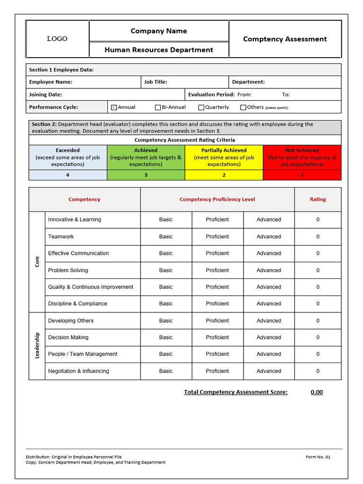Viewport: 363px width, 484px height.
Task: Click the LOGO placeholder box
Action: (57, 39)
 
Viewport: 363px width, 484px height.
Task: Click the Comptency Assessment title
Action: (285, 39)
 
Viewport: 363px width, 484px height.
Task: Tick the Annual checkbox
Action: (113, 107)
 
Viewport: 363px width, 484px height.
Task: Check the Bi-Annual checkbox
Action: (158, 107)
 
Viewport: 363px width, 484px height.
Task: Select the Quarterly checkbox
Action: (201, 107)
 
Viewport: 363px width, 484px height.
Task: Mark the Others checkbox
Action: (243, 107)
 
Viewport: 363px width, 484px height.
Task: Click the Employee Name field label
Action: (51, 82)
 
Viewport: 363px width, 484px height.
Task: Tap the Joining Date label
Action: (45, 95)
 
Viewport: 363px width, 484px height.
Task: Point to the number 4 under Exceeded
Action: (68, 175)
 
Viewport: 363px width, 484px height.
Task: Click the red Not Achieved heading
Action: (302, 150)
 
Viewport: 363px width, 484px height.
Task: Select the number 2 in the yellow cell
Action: (224, 175)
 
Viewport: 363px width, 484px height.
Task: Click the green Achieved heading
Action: (146, 150)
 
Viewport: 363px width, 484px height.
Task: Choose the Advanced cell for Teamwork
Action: (268, 236)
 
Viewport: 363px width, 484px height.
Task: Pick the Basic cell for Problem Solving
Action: (166, 270)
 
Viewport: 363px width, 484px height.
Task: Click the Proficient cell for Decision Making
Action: (217, 337)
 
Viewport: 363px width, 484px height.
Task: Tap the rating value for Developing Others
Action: (318, 320)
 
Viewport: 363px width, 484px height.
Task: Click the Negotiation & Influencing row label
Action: (78, 371)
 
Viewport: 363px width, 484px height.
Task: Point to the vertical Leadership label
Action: (37, 346)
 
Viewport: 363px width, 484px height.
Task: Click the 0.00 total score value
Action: (317, 392)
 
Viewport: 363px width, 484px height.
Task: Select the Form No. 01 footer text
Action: (318, 457)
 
